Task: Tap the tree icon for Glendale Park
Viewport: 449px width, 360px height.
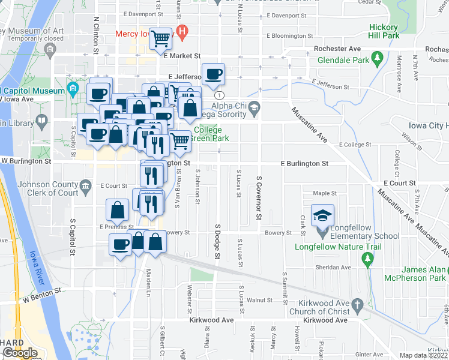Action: click(x=378, y=58)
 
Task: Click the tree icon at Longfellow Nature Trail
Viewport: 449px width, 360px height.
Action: click(x=368, y=259)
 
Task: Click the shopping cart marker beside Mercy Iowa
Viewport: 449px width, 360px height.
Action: click(x=161, y=39)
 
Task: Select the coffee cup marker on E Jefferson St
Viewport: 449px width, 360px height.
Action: click(x=213, y=74)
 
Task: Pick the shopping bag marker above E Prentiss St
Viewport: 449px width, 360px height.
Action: click(x=118, y=210)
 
